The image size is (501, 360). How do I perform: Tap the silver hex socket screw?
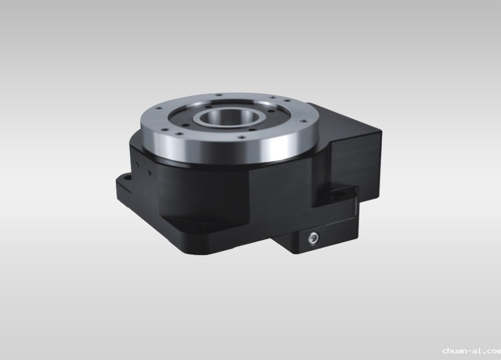pyautogui.click(x=313, y=238)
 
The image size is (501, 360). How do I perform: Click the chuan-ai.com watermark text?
pyautogui.click(x=472, y=351)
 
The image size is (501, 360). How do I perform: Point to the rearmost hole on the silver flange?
pyautogui.click(x=219, y=95)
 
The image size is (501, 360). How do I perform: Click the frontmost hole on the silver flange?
pyautogui.click(x=242, y=137)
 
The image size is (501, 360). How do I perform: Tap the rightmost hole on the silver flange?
pyautogui.click(x=304, y=121)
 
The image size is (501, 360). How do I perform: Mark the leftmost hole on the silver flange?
pyautogui.click(x=159, y=108)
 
